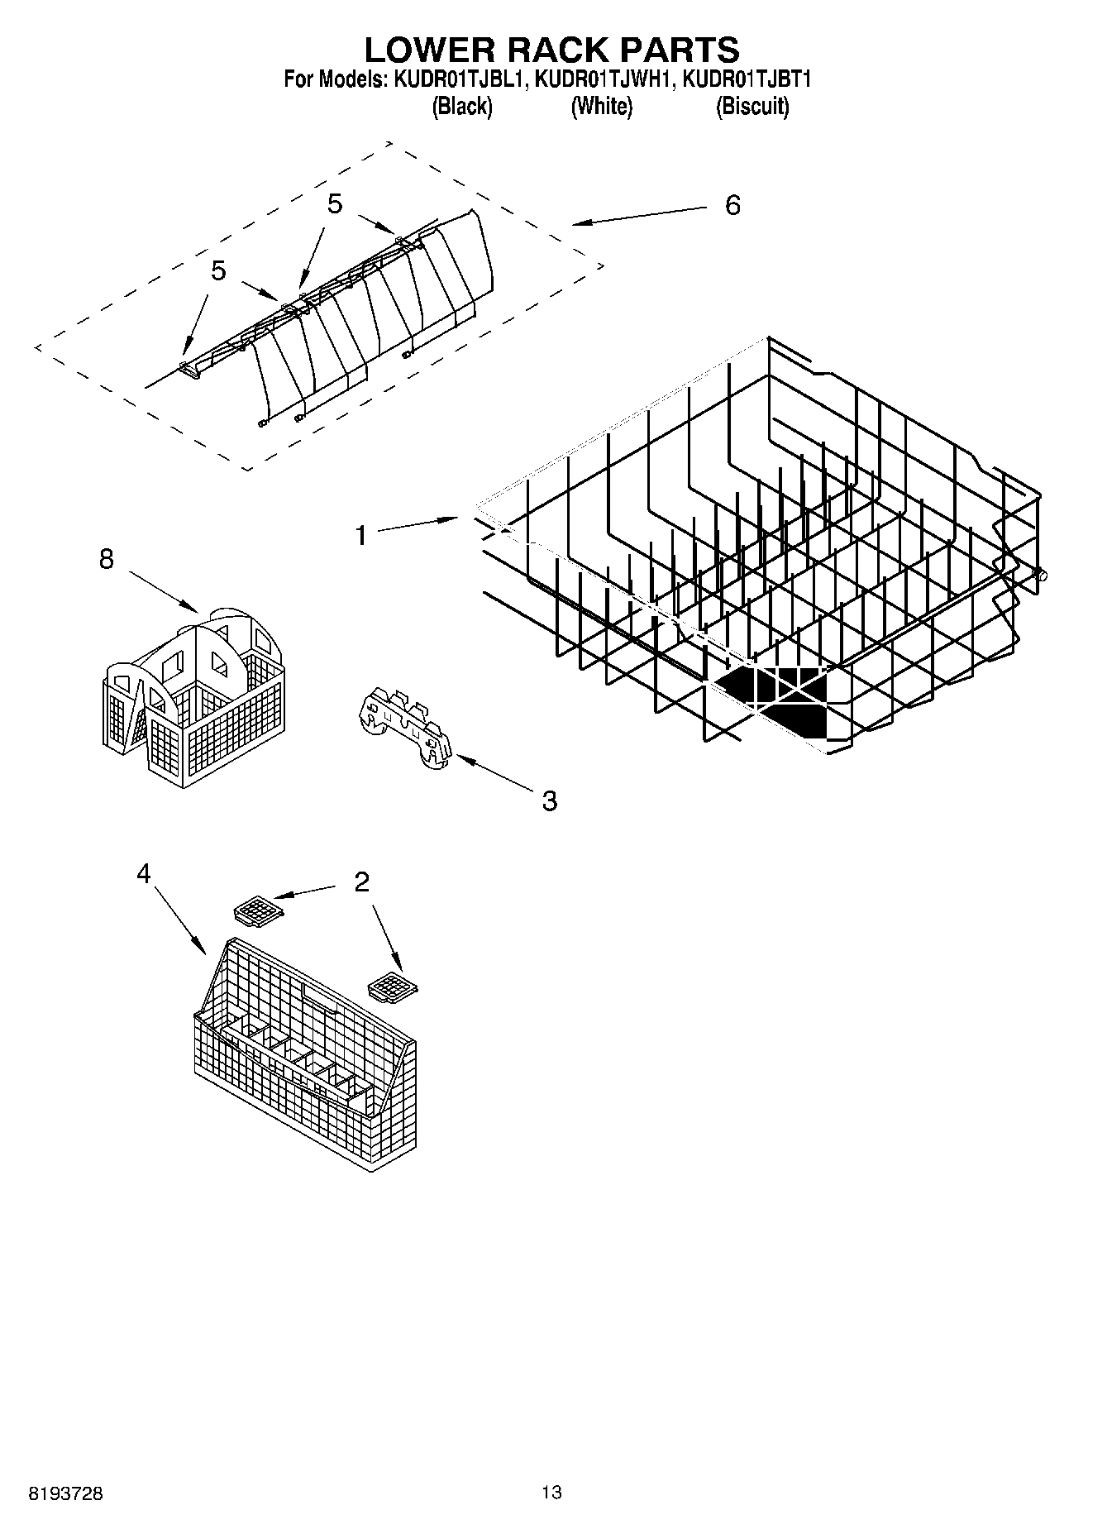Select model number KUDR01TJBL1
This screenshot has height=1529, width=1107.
pos(456,80)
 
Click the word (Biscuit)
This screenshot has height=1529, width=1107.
pos(752,107)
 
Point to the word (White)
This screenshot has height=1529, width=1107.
pos(601,107)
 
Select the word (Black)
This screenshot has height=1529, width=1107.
pos(462,107)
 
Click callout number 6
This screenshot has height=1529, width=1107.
pos(732,205)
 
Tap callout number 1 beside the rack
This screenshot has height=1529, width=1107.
pos(360,536)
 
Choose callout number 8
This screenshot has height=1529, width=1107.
pos(106,559)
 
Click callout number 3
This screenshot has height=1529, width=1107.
pos(549,800)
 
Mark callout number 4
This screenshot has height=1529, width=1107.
pos(144,872)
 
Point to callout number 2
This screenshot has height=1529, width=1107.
pos(361,882)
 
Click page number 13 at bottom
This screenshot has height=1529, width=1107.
pos(551,1493)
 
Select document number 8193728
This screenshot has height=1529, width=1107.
pos(66,1494)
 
